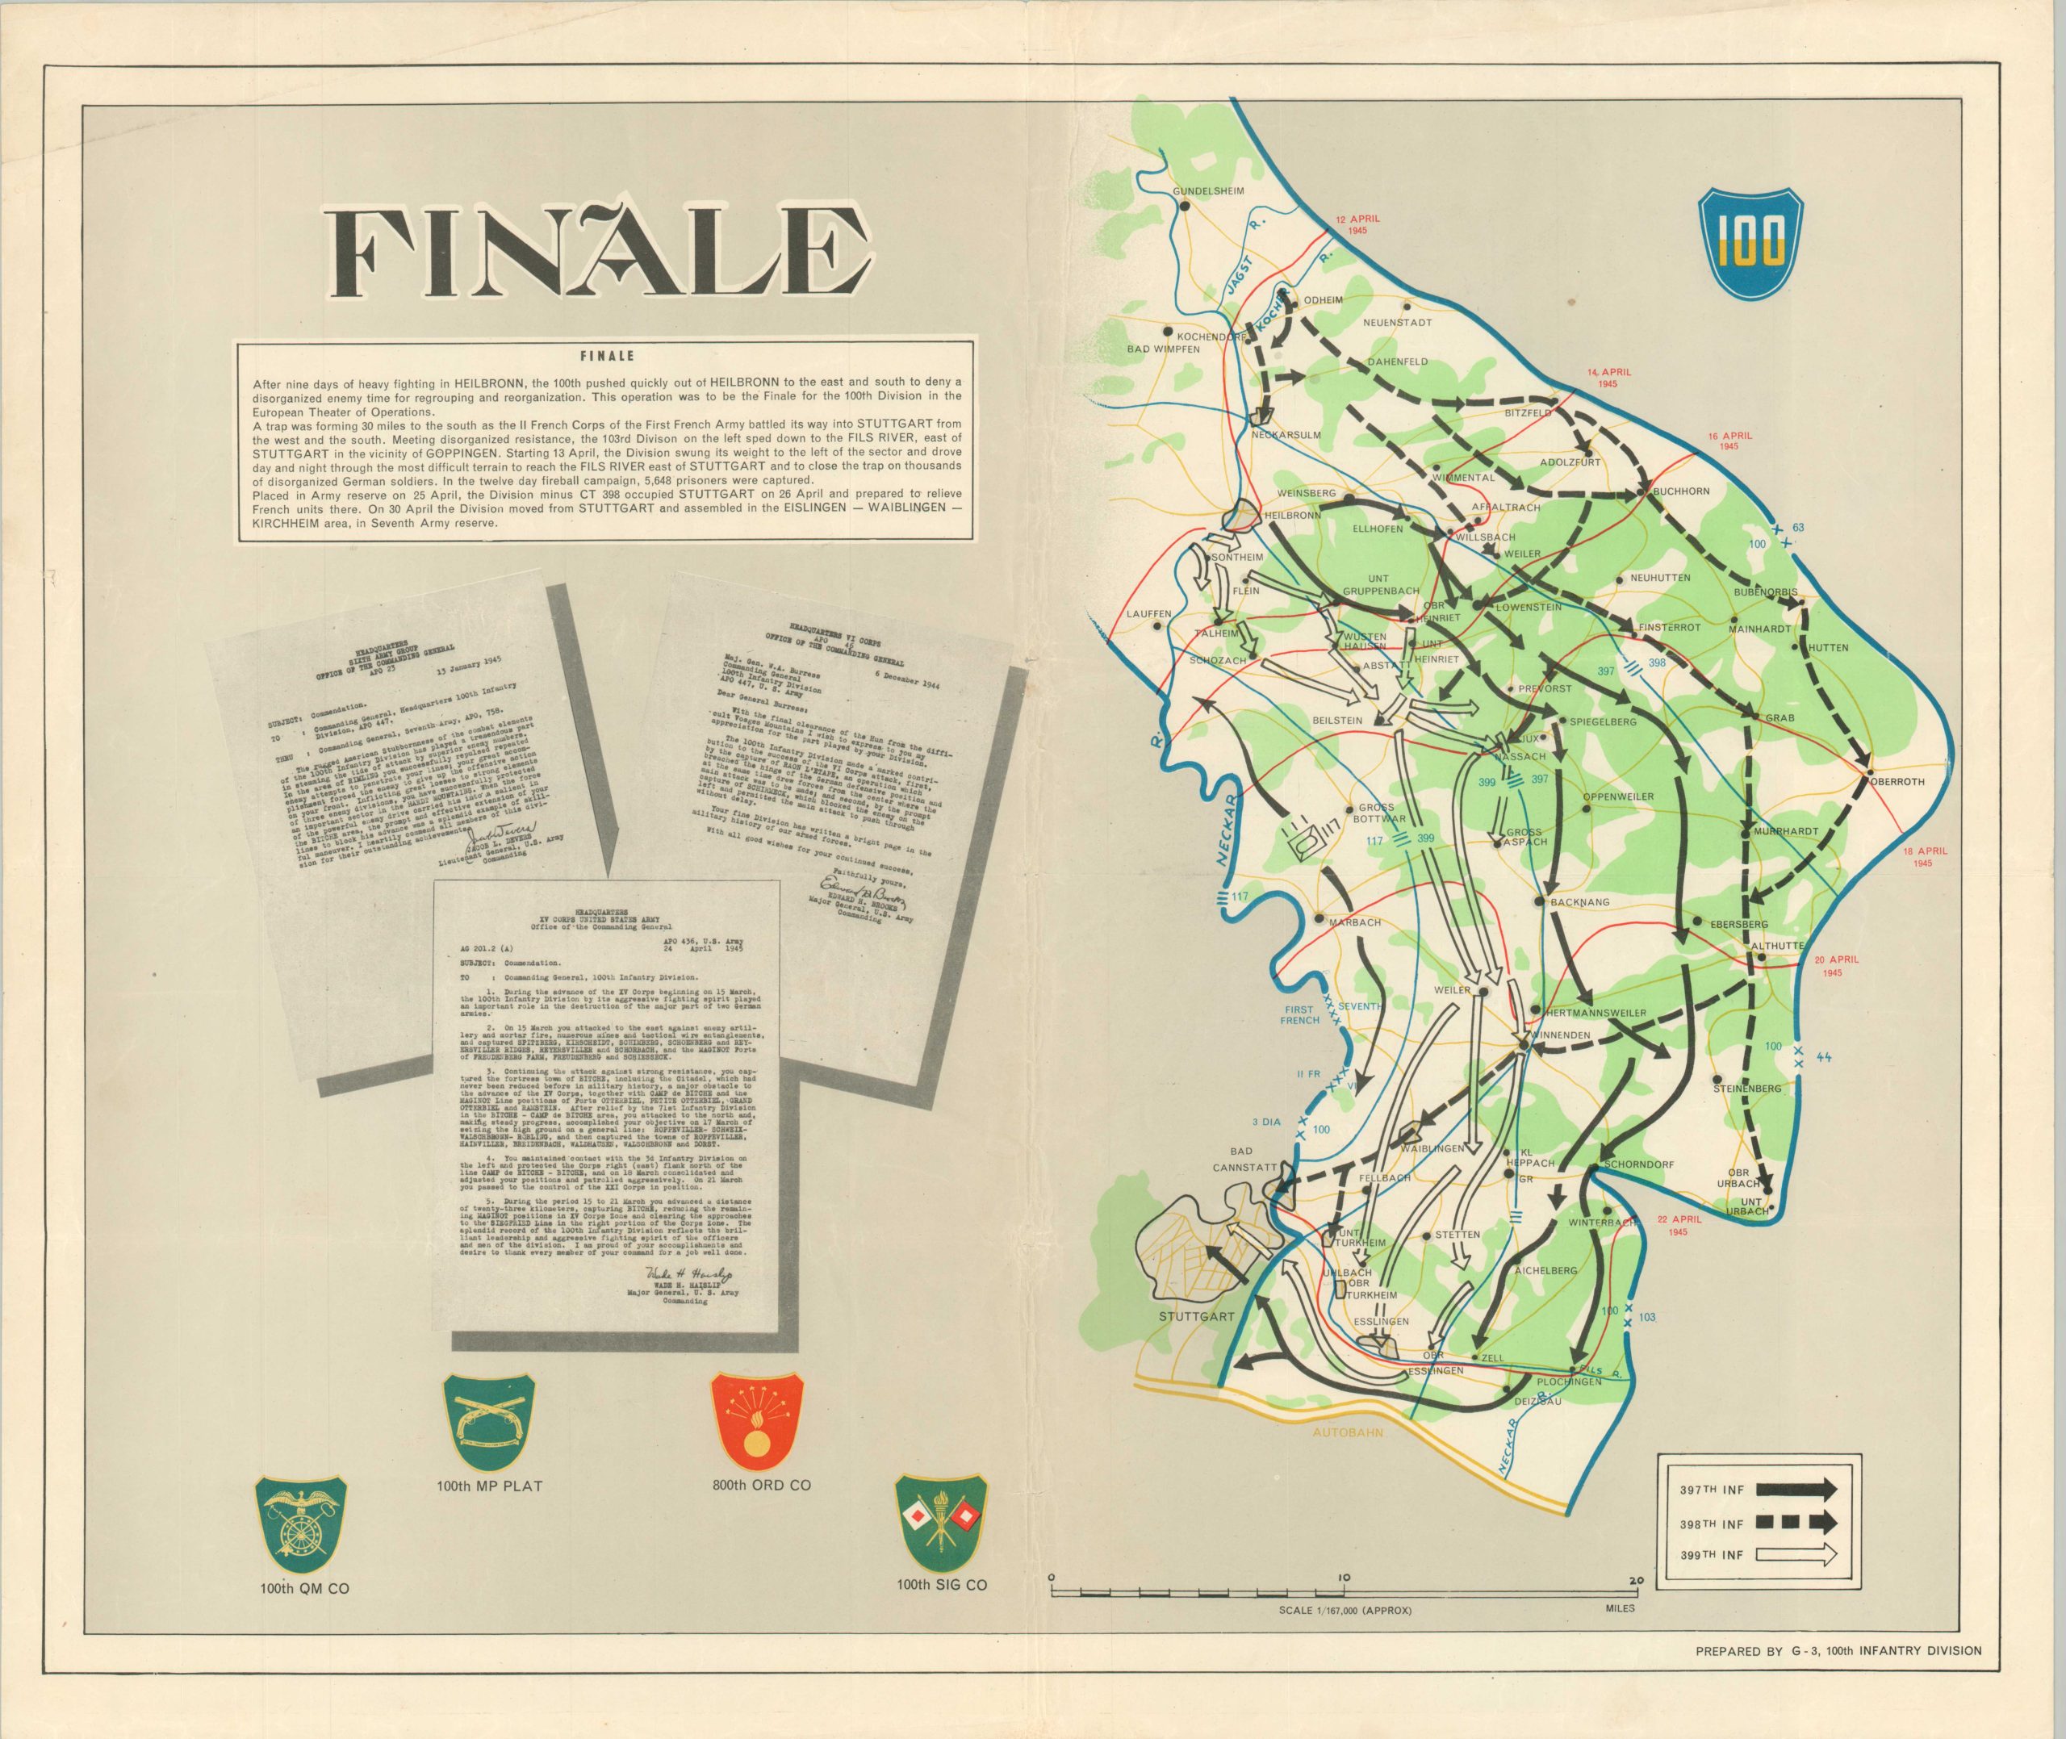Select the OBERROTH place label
[x=1893, y=782]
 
